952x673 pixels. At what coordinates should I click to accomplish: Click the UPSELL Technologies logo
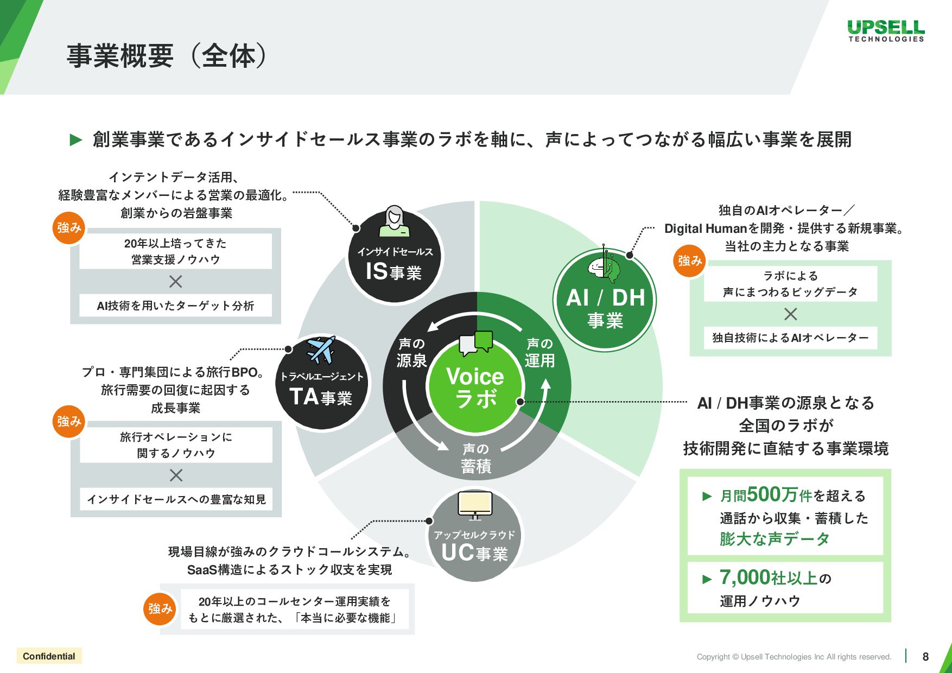click(886, 30)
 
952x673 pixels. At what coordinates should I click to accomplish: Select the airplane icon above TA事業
click(321, 350)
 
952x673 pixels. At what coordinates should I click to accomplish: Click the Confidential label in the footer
click(49, 656)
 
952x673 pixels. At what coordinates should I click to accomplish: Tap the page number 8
click(925, 657)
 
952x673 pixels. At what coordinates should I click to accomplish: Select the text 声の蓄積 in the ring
click(475, 458)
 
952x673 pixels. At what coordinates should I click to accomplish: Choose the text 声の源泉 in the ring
click(411, 352)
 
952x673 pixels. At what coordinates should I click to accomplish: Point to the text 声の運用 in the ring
click(540, 352)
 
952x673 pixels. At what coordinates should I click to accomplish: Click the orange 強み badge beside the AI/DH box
click(690, 261)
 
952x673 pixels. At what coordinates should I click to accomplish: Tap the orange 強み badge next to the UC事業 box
click(160, 608)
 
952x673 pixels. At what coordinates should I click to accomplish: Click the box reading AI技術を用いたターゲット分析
click(175, 306)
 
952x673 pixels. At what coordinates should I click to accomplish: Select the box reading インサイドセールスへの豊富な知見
click(176, 499)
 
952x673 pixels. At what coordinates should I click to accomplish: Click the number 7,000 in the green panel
click(745, 577)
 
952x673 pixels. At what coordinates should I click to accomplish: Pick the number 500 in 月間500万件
click(764, 494)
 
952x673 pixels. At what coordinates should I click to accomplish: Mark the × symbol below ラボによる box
click(791, 314)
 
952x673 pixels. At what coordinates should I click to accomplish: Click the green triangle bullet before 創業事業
click(76, 140)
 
